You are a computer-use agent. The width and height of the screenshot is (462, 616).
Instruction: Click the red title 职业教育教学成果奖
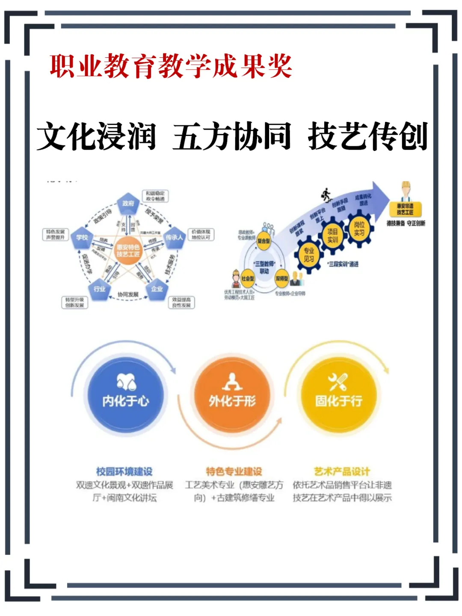coord(171,66)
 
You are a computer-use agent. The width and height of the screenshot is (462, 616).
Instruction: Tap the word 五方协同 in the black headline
coord(232,136)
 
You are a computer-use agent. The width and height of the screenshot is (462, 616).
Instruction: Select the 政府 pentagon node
coord(128,204)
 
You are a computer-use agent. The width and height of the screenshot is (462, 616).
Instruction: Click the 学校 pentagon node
coord(82,238)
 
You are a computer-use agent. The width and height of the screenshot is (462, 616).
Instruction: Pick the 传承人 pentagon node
coord(174,237)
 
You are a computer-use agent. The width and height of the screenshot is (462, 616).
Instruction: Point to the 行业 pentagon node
coord(99,289)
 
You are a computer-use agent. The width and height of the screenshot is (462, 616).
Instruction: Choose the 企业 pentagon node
coord(157,289)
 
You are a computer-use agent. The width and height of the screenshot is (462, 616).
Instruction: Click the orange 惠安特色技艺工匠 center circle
coord(128,251)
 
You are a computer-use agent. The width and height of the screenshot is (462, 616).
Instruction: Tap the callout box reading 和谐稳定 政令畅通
coord(155,196)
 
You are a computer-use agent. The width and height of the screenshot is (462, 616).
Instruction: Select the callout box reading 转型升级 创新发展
coord(74,302)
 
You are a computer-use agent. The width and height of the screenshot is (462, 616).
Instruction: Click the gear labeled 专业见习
coord(309,255)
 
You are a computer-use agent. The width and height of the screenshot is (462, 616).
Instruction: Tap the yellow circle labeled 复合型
coord(264,241)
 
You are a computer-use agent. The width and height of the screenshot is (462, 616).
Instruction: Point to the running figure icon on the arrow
coord(326,195)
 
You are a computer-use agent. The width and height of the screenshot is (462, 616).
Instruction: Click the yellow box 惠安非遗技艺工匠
coord(405,209)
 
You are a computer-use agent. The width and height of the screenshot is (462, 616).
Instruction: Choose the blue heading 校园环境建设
coord(124,471)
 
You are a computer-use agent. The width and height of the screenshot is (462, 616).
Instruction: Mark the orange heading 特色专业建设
coord(234,471)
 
